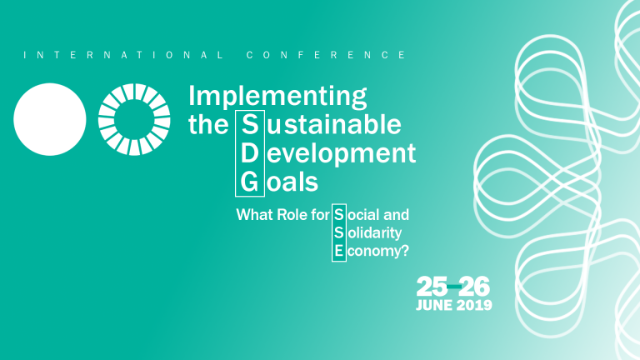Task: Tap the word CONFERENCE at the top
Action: [x=327, y=55]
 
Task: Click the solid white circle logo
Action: [x=50, y=119]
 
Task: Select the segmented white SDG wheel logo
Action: [x=134, y=119]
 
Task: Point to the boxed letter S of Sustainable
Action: [x=249, y=126]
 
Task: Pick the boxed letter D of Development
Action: [x=249, y=153]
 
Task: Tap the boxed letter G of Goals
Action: [x=249, y=181]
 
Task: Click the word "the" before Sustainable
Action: [x=208, y=126]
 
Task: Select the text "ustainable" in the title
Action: [x=332, y=126]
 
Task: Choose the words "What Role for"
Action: [x=282, y=215]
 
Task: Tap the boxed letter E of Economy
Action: [x=338, y=250]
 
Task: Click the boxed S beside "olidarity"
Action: [x=338, y=232]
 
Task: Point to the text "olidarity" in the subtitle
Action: [x=374, y=232]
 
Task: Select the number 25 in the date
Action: [x=431, y=287]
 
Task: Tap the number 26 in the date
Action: [x=474, y=287]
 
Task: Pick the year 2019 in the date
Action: [x=474, y=305]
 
